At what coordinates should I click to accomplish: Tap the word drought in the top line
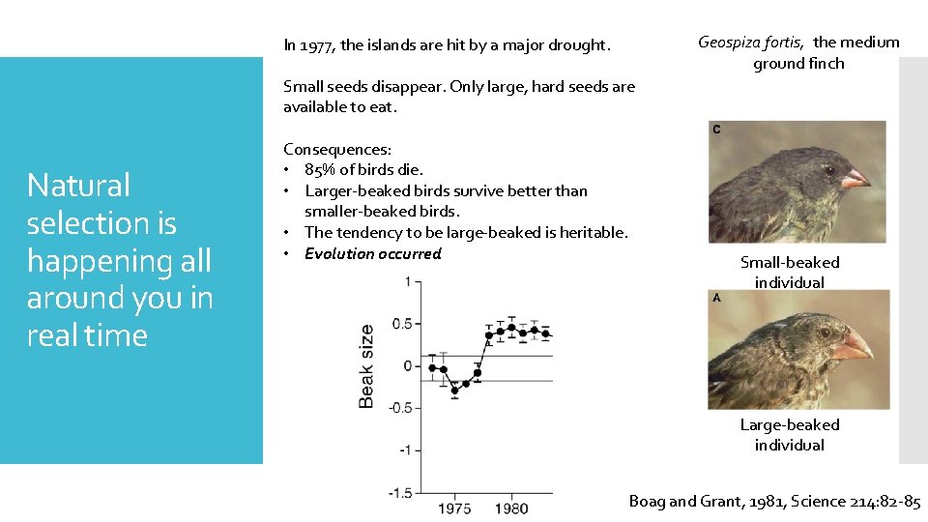(581, 45)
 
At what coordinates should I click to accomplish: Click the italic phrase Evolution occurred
(372, 254)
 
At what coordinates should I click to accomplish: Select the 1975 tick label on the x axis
(455, 508)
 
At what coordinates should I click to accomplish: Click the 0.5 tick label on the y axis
(401, 324)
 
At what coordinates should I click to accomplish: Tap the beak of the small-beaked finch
(855, 179)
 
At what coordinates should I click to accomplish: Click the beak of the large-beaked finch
(852, 342)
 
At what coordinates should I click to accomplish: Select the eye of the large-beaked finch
(825, 333)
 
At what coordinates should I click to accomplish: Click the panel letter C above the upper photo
(716, 129)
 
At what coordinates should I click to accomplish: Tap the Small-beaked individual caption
(790, 273)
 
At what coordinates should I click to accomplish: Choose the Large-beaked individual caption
(790, 435)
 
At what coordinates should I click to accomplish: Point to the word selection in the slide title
(101, 223)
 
